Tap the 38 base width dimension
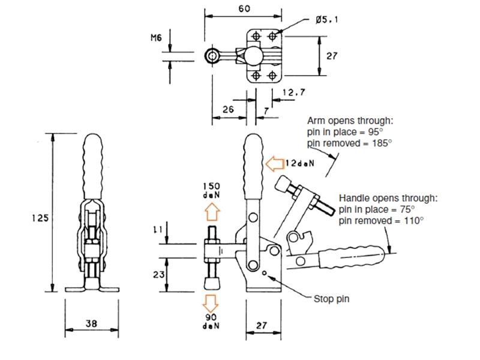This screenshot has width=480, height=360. click(91, 323)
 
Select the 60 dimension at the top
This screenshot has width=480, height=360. click(244, 8)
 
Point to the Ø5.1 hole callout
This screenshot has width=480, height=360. click(326, 20)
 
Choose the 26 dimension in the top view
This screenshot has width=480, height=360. click(229, 110)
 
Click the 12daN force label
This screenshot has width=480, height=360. click(301, 163)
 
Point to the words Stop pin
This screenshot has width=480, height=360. click(331, 298)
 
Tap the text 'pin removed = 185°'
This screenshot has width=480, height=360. click(349, 143)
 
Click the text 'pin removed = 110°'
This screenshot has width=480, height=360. click(380, 221)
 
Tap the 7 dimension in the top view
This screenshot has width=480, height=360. click(265, 110)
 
